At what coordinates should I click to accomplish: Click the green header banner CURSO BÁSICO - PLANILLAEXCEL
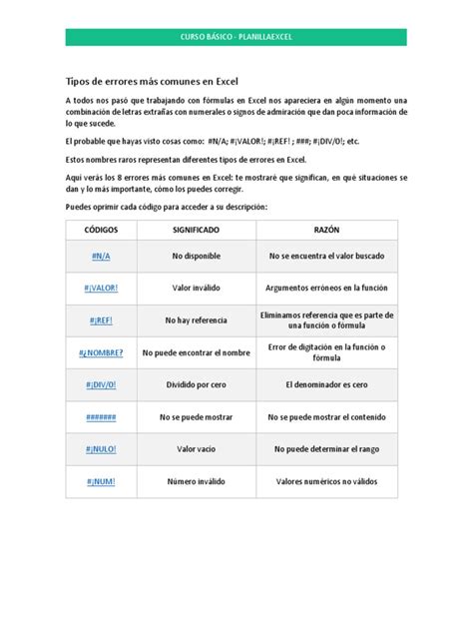click(x=236, y=37)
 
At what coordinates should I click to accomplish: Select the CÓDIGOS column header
click(x=100, y=230)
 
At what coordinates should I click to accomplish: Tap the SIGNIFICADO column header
click(x=196, y=230)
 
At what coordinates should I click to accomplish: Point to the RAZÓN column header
click(x=326, y=230)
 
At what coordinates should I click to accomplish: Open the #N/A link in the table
click(x=100, y=257)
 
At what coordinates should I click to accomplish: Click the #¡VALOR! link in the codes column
click(x=100, y=289)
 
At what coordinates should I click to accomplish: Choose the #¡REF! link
click(x=100, y=320)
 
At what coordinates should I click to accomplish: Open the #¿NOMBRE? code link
click(x=100, y=352)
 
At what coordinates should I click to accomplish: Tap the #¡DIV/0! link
click(x=100, y=384)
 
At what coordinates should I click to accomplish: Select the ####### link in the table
click(x=100, y=417)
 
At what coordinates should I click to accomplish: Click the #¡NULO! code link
click(x=100, y=449)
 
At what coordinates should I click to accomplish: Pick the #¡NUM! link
click(x=100, y=481)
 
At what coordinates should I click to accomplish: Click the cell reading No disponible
click(x=196, y=257)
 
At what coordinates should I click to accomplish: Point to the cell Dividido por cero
click(x=196, y=384)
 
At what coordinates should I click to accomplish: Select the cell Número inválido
click(x=196, y=481)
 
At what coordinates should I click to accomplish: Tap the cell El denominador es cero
click(x=326, y=384)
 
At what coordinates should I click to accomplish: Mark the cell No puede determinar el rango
click(x=326, y=449)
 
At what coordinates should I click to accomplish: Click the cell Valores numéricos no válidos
click(x=326, y=481)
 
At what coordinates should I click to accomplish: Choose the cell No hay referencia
click(x=196, y=320)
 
